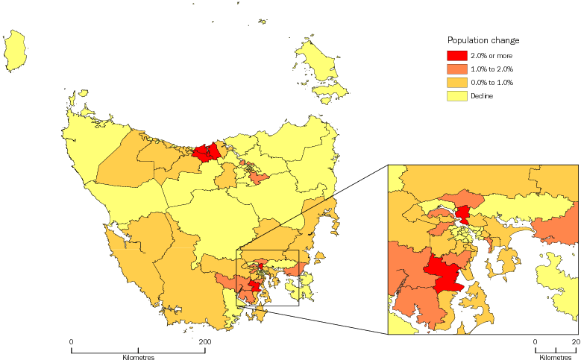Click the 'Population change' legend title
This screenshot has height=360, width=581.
[x=483, y=40]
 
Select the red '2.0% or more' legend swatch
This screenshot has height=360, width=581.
[x=456, y=56]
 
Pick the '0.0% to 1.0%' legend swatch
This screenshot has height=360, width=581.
[x=456, y=83]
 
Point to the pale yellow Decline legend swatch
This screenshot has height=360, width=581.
[x=456, y=96]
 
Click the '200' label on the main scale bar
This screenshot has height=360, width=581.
[x=205, y=341]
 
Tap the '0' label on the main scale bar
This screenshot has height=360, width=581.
[x=72, y=341]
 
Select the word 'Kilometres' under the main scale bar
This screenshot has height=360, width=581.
[x=138, y=359]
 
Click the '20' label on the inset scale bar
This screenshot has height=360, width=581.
[x=575, y=341]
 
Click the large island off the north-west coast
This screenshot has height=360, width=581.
[x=15, y=51]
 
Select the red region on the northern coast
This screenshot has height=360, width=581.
[x=207, y=153]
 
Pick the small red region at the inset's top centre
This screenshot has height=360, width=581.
[x=464, y=216]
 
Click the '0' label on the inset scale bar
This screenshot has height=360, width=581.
[x=535, y=341]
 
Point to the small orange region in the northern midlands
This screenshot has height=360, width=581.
[x=259, y=178]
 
